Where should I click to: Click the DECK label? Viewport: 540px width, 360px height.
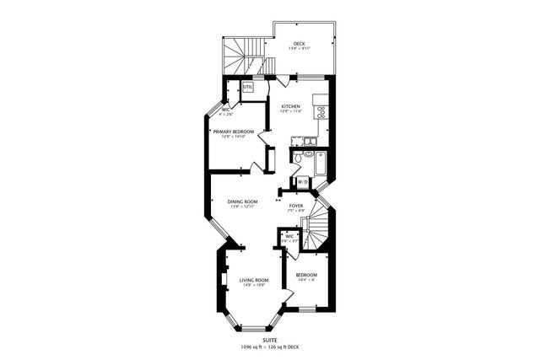pyautogui.click(x=299, y=44)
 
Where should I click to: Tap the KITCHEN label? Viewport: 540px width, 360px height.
pyautogui.click(x=291, y=106)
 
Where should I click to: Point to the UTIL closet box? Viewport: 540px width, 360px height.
pyautogui.click(x=248, y=88)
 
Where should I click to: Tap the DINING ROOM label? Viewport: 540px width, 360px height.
pyautogui.click(x=242, y=201)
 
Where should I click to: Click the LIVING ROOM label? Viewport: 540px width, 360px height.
pyautogui.click(x=254, y=280)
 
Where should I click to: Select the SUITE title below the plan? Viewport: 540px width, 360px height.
pyautogui.click(x=269, y=339)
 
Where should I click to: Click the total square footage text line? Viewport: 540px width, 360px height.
pyautogui.click(x=269, y=347)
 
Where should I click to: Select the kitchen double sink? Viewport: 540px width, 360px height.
pyautogui.click(x=310, y=139)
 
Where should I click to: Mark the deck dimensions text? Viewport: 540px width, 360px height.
pyautogui.click(x=299, y=49)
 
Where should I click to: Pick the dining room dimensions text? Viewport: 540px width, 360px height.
pyautogui.click(x=242, y=207)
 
